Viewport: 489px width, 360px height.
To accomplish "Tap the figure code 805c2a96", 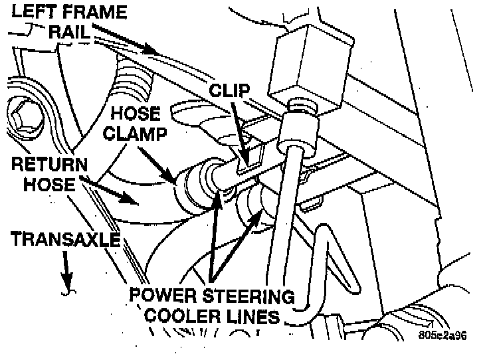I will [x=442, y=335].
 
